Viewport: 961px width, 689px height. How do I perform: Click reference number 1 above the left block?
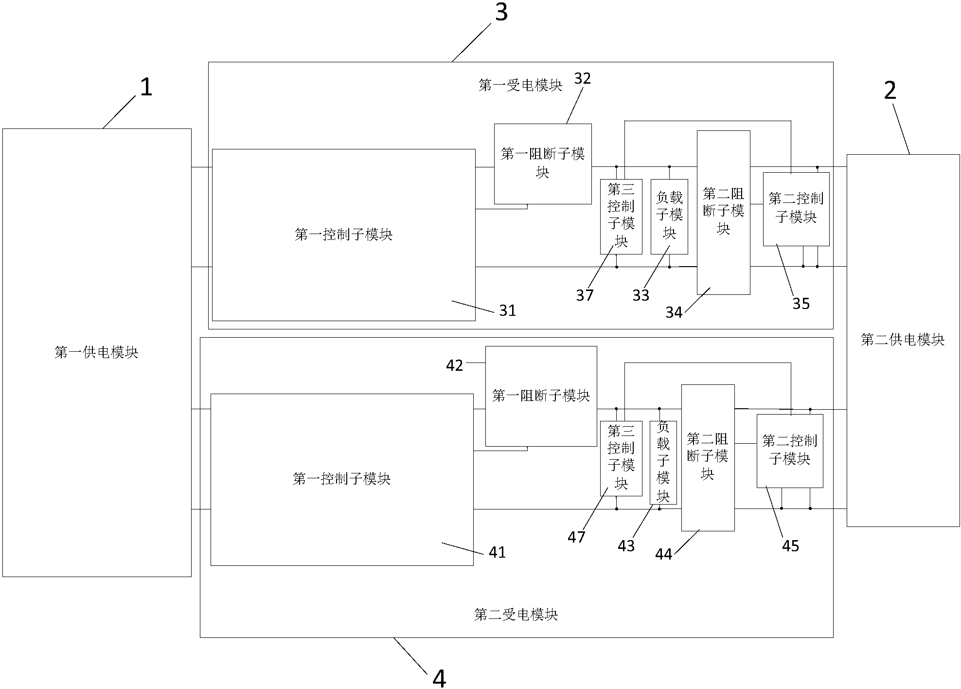[x=146, y=88]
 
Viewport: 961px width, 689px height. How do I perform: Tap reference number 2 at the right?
[x=890, y=91]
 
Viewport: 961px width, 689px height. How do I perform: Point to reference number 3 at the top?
[x=501, y=12]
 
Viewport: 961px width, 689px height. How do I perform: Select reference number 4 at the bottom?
[x=439, y=678]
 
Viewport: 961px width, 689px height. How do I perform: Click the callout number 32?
[x=582, y=78]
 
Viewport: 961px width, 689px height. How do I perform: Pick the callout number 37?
[x=585, y=295]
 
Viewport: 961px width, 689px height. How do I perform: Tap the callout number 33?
[x=641, y=295]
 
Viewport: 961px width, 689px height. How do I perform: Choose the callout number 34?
[x=674, y=312]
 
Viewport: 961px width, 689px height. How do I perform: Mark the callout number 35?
[x=801, y=304]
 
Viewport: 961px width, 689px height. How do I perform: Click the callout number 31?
[x=508, y=310]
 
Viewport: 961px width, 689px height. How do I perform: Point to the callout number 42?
[x=455, y=365]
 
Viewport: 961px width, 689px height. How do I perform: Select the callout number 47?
[x=576, y=537]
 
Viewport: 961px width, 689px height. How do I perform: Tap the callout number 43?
[x=626, y=546]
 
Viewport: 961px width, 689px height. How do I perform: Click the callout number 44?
[x=663, y=554]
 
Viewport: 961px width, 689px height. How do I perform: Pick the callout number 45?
[x=790, y=546]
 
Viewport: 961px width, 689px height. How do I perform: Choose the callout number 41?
[x=497, y=552]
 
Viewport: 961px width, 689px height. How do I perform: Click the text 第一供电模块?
[x=96, y=352]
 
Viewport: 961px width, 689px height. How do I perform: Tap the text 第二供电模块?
[x=903, y=340]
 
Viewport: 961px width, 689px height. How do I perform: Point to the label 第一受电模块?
[x=520, y=86]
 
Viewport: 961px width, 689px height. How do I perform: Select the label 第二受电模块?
[x=516, y=615]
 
